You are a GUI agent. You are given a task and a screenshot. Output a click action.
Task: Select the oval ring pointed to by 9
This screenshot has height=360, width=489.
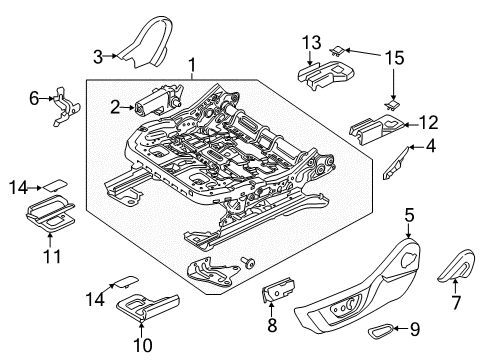[381, 328]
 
